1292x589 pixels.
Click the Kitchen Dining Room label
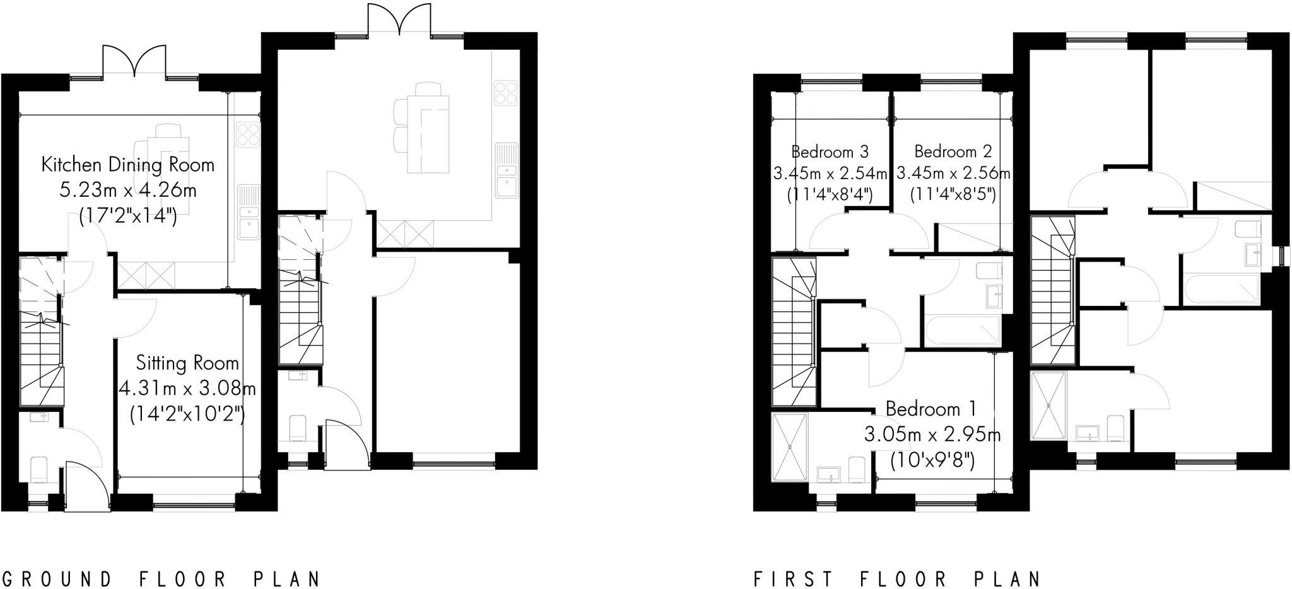pyautogui.click(x=128, y=165)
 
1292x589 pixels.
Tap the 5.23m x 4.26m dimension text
pyautogui.click(x=128, y=190)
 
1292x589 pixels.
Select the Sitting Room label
pyautogui.click(x=187, y=363)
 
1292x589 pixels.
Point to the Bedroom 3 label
pyautogui.click(x=830, y=152)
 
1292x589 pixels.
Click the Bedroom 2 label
pyautogui.click(x=953, y=152)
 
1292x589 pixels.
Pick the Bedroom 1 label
pyautogui.click(x=931, y=409)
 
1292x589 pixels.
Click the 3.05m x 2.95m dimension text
pyautogui.click(x=932, y=435)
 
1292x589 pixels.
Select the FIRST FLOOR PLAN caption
pyautogui.click(x=898, y=579)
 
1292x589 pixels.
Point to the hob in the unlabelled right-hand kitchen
pyautogui.click(x=505, y=93)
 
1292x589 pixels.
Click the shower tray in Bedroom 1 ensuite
pyautogui.click(x=790, y=447)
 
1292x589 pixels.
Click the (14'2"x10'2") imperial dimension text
pyautogui.click(x=187, y=414)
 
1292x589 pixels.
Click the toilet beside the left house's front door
pyautogui.click(x=39, y=470)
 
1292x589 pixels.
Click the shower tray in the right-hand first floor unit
pyautogui.click(x=1048, y=405)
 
